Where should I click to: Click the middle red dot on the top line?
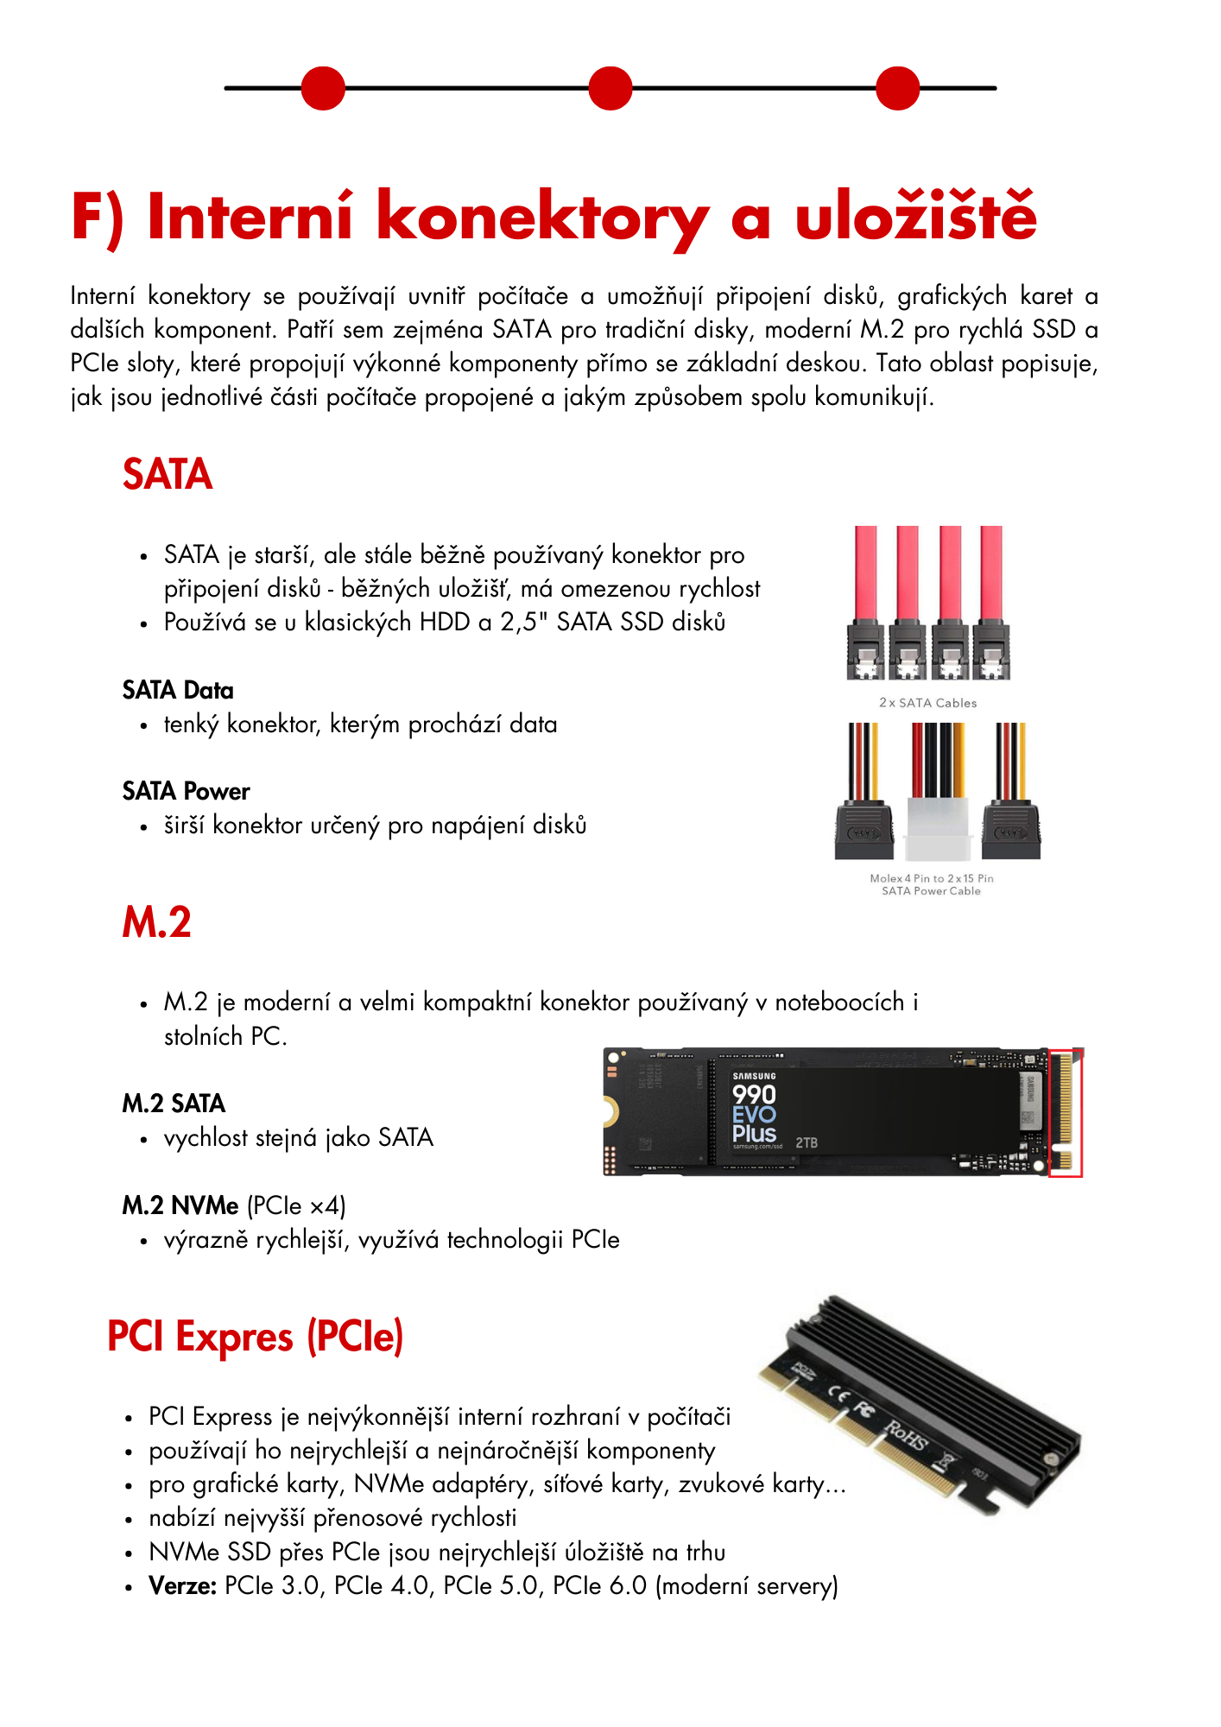[610, 88]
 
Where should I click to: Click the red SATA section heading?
[168, 474]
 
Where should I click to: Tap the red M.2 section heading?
[156, 921]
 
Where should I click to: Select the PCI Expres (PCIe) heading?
[255, 1337]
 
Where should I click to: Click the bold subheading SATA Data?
[178, 690]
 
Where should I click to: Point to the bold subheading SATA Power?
[186, 791]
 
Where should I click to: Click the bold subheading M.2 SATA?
[174, 1104]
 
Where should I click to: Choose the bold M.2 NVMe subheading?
[180, 1205]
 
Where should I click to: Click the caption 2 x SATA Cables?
[927, 703]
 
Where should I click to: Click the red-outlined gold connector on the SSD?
[1065, 1112]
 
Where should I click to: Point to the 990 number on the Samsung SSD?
[754, 1095]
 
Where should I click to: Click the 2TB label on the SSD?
[807, 1142]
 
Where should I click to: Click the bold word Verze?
[182, 1586]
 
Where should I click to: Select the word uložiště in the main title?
[915, 216]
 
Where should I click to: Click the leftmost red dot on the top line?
[323, 88]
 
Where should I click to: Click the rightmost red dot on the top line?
[898, 88]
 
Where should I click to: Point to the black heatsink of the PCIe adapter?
[941, 1373]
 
